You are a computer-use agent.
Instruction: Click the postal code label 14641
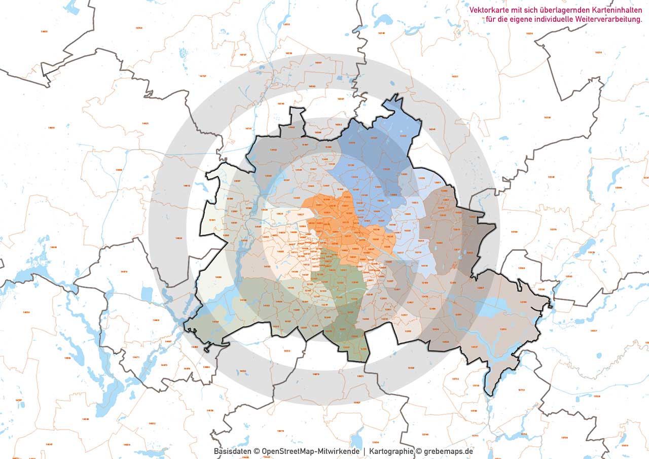(51, 128)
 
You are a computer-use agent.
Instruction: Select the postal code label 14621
(146, 123)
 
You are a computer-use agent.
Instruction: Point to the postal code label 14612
(186, 186)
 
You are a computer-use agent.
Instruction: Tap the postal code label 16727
(203, 76)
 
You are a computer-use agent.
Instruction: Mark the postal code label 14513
(287, 351)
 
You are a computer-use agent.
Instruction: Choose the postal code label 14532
(242, 371)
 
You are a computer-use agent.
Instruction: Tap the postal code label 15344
(618, 187)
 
